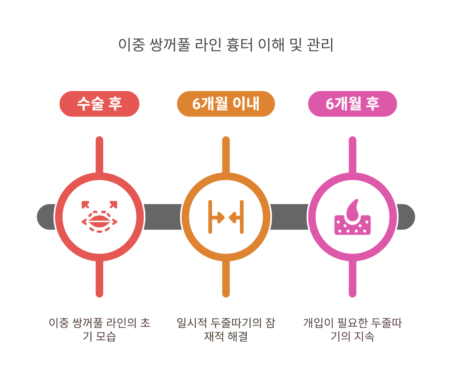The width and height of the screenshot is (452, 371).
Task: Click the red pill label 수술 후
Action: pyautogui.click(x=99, y=104)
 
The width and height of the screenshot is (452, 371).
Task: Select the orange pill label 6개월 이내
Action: pyautogui.click(x=226, y=104)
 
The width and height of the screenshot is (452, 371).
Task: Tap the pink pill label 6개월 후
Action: pyautogui.click(x=352, y=104)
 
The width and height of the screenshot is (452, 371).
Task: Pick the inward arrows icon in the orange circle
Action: pyautogui.click(x=226, y=217)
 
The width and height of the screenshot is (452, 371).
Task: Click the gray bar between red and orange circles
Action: pyautogui.click(x=163, y=217)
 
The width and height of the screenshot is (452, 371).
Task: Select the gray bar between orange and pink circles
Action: pyautogui.click(x=289, y=217)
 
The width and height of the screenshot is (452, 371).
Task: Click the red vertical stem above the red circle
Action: pyautogui.click(x=99, y=154)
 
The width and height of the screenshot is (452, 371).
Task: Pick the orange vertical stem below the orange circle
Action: pyautogui.click(x=226, y=279)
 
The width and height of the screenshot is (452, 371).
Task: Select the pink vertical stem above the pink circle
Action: pyautogui.click(x=352, y=154)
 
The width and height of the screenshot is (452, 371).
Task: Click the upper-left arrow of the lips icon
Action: pyautogui.click(x=85, y=204)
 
